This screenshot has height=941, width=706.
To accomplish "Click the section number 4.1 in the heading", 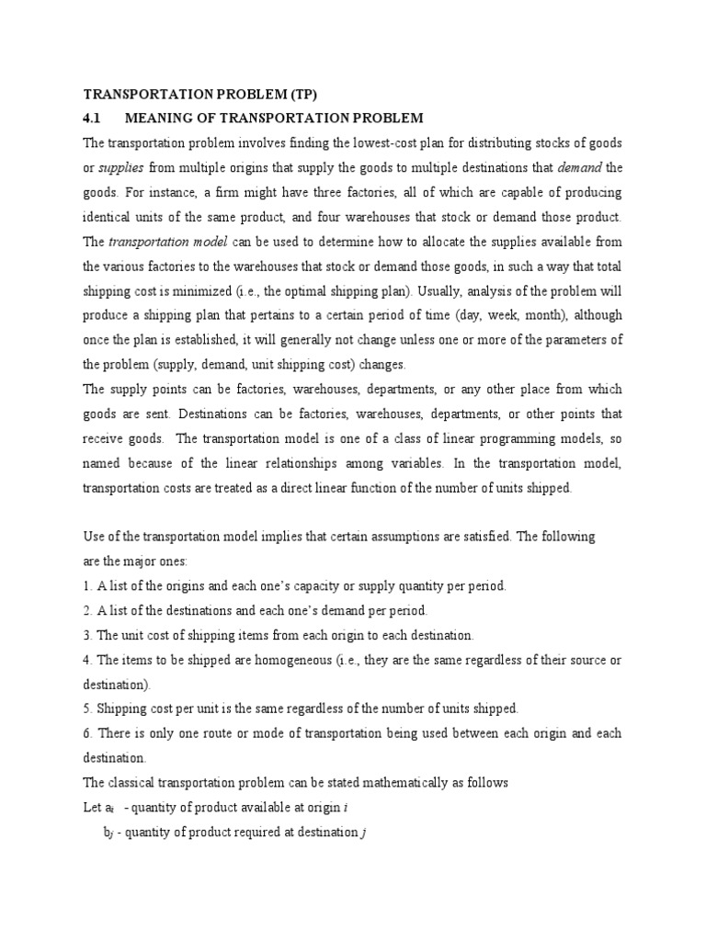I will (x=93, y=119).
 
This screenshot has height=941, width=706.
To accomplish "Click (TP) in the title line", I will (x=301, y=94).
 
